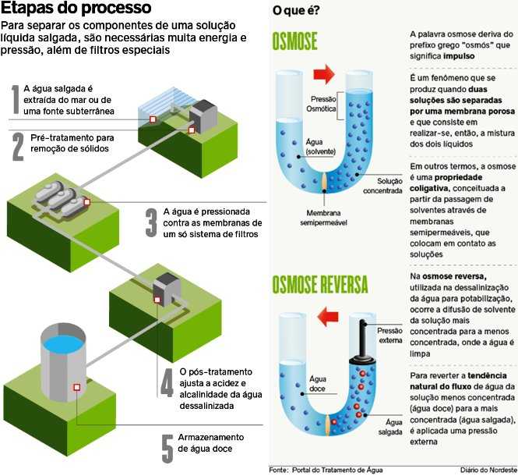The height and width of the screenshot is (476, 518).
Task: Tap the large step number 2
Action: click(18, 146)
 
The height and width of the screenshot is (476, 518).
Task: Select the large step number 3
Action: click(151, 222)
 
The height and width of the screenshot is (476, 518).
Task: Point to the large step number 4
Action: click(167, 382)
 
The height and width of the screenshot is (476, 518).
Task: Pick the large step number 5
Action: click(167, 446)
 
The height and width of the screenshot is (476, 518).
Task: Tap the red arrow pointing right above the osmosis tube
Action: click(322, 75)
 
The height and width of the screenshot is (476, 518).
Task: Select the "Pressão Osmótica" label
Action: click(323, 105)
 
